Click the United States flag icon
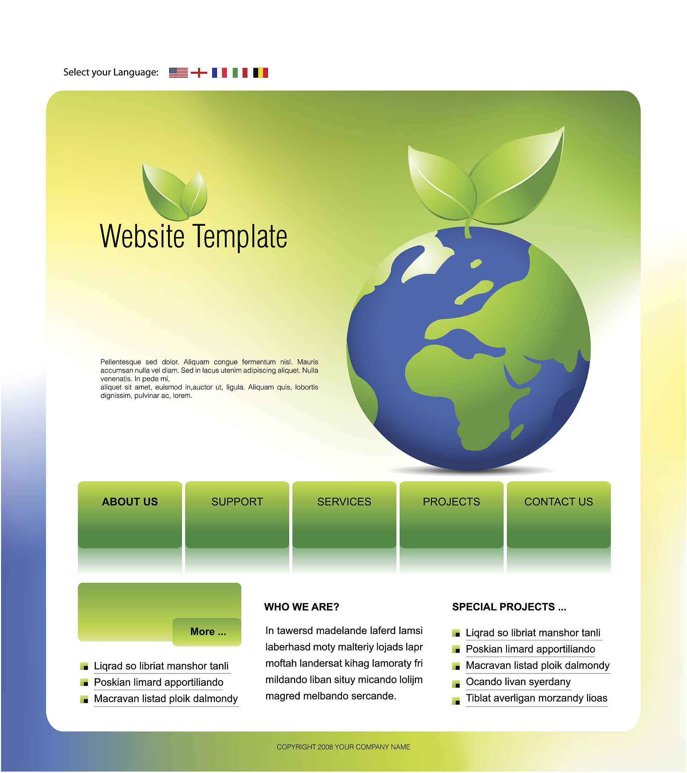178,72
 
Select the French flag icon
219,72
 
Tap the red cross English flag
199,72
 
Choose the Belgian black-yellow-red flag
261,72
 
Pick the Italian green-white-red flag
240,72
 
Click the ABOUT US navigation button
130,515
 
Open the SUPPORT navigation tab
237,515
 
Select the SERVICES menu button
344,515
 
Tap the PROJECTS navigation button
451,515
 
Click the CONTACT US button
559,515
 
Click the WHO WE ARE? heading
302,607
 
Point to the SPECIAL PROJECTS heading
509,607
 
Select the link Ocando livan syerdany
518,682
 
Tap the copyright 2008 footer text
343,747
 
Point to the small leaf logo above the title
175,191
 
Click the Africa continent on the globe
469,393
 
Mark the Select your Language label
111,72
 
